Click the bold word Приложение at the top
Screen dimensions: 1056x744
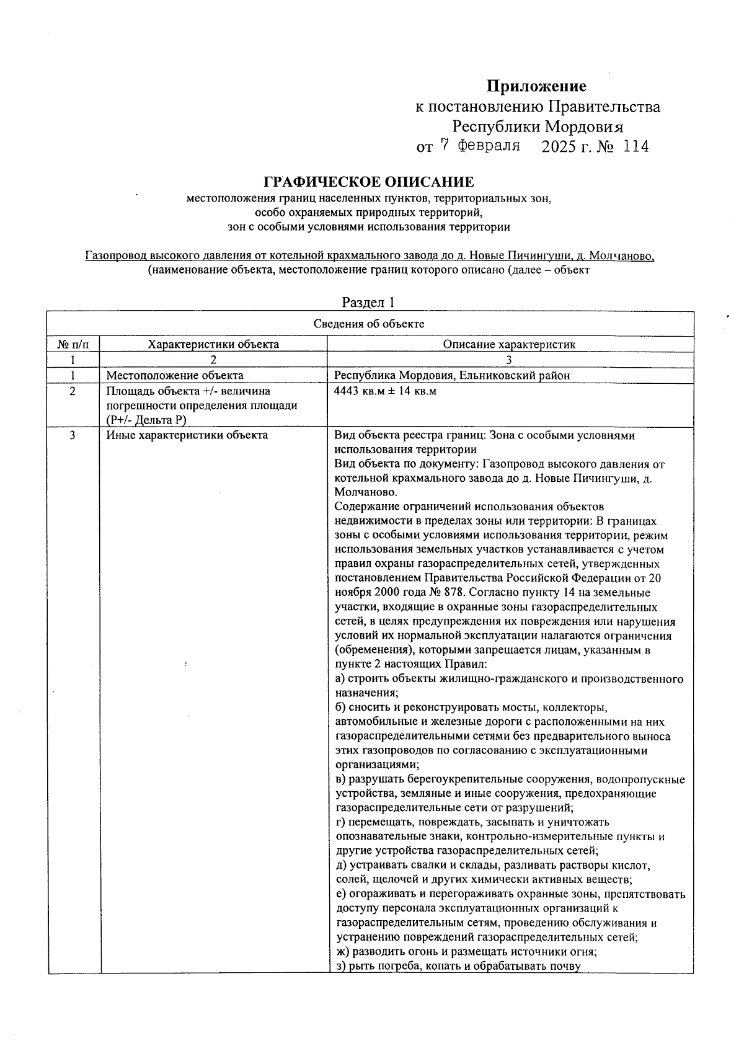pos(536,86)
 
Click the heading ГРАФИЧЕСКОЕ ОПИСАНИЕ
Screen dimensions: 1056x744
pos(369,182)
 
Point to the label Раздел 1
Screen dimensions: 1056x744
pos(368,302)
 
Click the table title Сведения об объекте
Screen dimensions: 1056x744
pos(369,324)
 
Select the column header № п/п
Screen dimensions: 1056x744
pos(73,344)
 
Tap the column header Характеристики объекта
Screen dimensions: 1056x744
pos(213,344)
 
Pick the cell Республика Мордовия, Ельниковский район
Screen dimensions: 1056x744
pos(452,375)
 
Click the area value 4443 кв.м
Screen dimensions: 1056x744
pos(356,392)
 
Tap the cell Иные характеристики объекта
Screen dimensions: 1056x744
pos(187,435)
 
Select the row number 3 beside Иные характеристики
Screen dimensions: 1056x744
pos(73,435)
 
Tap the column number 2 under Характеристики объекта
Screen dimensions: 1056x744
pos(213,360)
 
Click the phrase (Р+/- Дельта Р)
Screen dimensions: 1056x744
pos(146,420)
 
